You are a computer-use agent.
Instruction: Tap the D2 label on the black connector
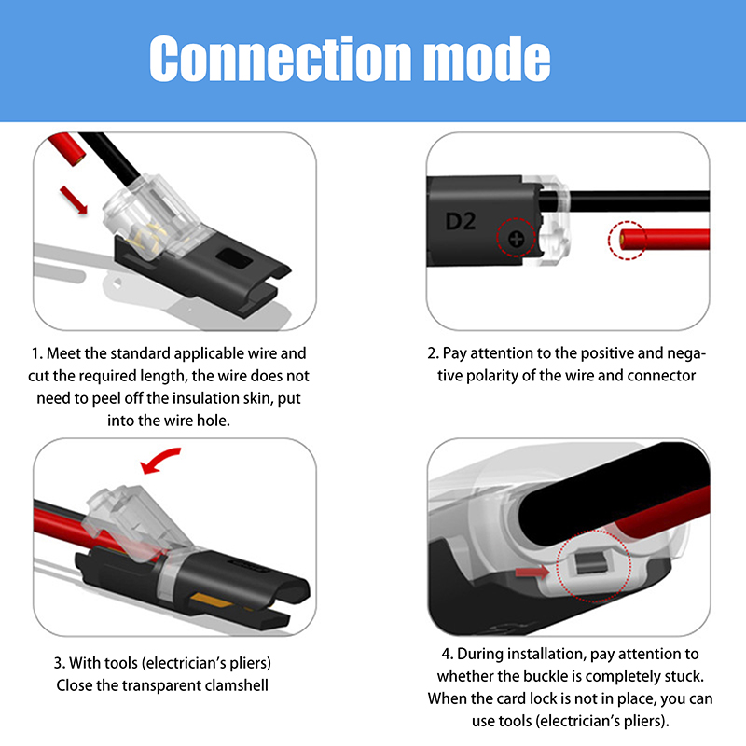tap(460, 222)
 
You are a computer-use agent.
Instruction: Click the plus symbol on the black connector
tap(517, 239)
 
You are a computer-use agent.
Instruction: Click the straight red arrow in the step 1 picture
tap(74, 200)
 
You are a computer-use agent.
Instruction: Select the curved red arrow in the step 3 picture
tap(160, 460)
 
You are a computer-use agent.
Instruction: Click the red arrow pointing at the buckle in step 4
tap(532, 572)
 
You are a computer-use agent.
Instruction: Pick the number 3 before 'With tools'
tap(59, 663)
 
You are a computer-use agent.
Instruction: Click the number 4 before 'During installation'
tap(447, 655)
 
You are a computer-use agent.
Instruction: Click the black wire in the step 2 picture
tap(638, 200)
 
